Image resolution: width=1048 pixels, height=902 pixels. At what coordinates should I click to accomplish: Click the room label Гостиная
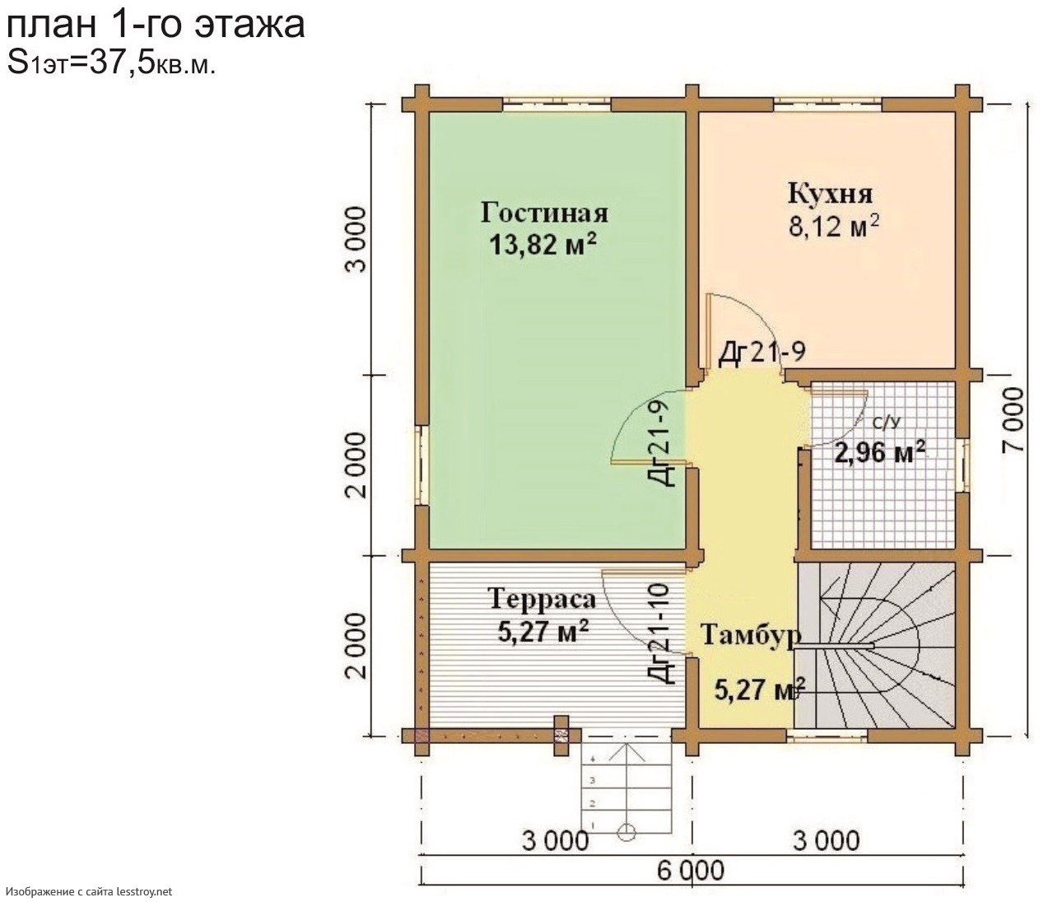(544, 213)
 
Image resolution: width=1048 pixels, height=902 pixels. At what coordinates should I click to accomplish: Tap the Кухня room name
(831, 194)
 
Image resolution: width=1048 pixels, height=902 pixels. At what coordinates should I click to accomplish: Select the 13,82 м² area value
(542, 245)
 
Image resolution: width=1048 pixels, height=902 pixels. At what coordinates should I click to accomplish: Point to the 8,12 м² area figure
(834, 226)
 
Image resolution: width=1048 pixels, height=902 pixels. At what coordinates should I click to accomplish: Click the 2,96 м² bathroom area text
(880, 452)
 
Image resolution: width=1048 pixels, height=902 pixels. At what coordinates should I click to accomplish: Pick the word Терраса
(542, 599)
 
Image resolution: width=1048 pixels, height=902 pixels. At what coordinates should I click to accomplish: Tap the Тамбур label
(751, 636)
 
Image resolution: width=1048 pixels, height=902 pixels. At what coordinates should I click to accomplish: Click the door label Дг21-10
(661, 633)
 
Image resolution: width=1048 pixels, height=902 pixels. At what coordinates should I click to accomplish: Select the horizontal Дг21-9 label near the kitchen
(762, 353)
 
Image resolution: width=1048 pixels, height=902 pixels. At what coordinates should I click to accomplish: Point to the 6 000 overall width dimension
(691, 871)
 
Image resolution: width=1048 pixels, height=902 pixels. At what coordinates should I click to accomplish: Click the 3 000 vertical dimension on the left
(357, 239)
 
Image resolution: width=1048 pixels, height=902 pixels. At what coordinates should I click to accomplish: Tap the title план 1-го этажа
(156, 25)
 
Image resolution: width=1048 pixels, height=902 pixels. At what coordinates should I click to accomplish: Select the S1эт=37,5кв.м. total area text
(111, 64)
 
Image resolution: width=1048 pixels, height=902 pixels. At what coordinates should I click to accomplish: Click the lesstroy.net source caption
(89, 891)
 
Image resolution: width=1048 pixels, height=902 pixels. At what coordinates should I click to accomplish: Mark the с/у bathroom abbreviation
(886, 422)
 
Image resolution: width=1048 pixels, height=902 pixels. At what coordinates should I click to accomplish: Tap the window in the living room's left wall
(421, 465)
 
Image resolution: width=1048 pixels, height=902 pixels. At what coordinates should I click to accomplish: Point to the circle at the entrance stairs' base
(627, 831)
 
